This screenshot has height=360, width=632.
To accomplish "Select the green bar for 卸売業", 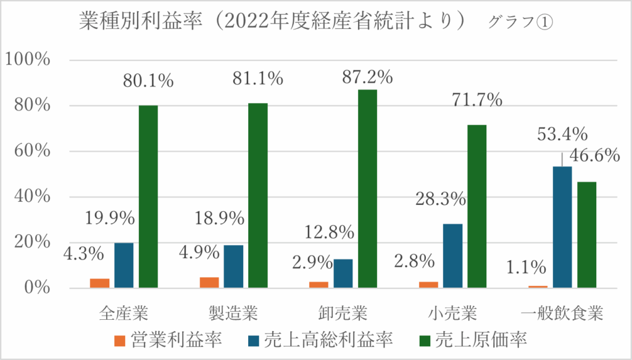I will [x=367, y=188].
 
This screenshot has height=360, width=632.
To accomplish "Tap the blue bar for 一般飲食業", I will [x=562, y=227].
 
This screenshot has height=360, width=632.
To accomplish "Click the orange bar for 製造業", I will [x=209, y=282].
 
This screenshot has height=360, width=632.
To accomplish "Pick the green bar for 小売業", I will [x=477, y=206].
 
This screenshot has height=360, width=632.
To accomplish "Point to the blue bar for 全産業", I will [x=124, y=265].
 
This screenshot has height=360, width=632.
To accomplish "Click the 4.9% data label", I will [x=197, y=253].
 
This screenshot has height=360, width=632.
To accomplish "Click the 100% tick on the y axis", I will [x=27, y=60].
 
